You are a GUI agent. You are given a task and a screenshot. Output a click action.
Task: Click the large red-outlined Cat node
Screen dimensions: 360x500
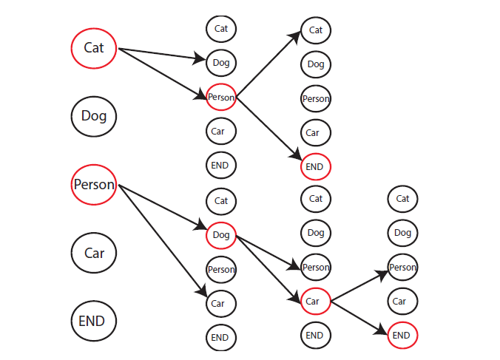pyautogui.click(x=93, y=48)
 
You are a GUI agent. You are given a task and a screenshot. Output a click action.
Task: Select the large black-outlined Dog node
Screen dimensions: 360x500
pyautogui.click(x=93, y=116)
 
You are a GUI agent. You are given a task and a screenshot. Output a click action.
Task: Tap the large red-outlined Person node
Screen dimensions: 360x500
pyautogui.click(x=93, y=185)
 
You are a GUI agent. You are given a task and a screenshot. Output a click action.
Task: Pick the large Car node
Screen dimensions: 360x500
pyautogui.click(x=93, y=253)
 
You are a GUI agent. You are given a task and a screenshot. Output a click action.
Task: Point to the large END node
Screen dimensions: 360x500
pyautogui.click(x=93, y=321)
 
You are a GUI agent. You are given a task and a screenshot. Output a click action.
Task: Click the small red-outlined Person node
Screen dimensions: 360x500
pyautogui.click(x=221, y=97)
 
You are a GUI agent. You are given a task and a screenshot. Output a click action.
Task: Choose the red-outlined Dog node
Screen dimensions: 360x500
pyautogui.click(x=221, y=235)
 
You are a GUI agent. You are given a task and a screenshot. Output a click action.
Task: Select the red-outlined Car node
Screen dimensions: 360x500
pyautogui.click(x=316, y=301)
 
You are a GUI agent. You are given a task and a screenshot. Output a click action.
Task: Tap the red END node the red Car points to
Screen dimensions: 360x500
pyautogui.click(x=402, y=335)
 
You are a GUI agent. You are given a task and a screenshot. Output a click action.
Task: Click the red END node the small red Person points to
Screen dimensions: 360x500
pyautogui.click(x=316, y=166)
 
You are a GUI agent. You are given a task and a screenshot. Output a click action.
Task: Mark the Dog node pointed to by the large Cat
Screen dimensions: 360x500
pyautogui.click(x=221, y=63)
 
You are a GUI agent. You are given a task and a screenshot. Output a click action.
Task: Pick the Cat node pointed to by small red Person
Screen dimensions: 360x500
pyautogui.click(x=316, y=30)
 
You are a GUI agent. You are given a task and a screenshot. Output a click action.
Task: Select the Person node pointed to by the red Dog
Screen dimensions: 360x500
pyautogui.click(x=316, y=267)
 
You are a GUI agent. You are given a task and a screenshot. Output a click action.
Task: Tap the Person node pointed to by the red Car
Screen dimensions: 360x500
pyautogui.click(x=402, y=267)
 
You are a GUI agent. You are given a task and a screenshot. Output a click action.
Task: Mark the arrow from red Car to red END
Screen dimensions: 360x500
pyautogui.click(x=360, y=318)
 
